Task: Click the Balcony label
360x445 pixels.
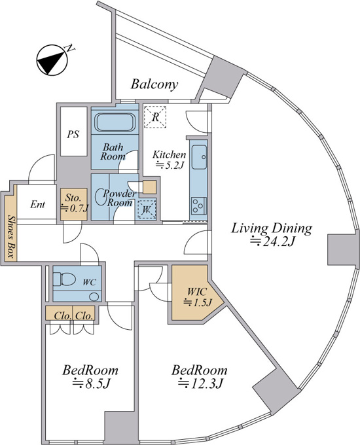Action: coord(154,84)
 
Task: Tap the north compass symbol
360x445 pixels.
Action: coord(53,60)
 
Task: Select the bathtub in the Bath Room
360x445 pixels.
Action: coord(115,122)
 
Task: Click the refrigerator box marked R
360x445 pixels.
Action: coord(154,116)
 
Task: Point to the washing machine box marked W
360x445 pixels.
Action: coord(147,209)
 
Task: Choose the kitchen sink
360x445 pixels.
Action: coord(199,157)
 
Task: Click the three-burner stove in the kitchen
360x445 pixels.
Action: coord(199,205)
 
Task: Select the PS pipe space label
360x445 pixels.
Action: coord(73,134)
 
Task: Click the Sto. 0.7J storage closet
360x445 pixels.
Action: coord(74,204)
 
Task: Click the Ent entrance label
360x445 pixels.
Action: coord(37,204)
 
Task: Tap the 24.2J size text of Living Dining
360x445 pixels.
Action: coord(271,241)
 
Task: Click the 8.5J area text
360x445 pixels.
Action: coord(91,383)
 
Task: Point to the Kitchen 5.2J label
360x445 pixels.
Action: coord(170,160)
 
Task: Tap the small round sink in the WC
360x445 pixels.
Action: coord(93,297)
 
